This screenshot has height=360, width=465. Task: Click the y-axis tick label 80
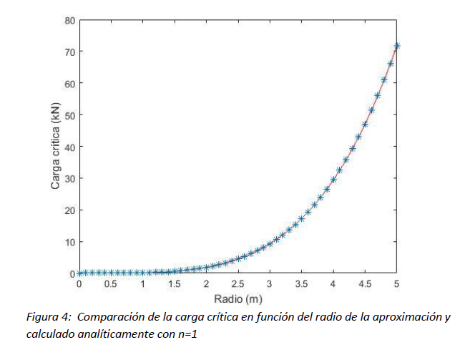[x=69, y=20]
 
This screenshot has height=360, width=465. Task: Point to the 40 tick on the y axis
[x=69, y=147]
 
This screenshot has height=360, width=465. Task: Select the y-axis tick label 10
[x=69, y=242]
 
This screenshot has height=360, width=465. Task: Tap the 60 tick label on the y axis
[x=69, y=83]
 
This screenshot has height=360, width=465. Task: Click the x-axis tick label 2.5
[x=238, y=284]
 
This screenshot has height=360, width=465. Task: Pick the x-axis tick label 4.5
[x=365, y=284]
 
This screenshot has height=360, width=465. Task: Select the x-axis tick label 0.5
[x=111, y=284]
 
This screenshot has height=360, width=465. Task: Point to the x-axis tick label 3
[x=270, y=284]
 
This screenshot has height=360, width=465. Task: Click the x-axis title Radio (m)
[x=238, y=298]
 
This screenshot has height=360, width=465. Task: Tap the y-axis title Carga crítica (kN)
[x=55, y=147]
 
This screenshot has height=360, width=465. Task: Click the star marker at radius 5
[x=397, y=46]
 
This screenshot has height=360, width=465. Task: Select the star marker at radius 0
[x=79, y=273]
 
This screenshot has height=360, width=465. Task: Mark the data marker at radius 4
[x=333, y=180]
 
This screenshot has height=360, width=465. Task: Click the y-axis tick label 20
[x=69, y=210]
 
